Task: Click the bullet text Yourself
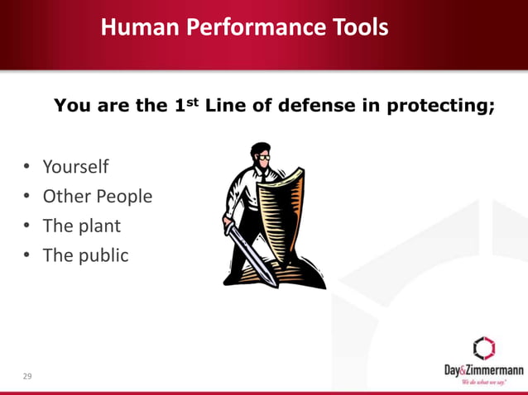[x=75, y=167]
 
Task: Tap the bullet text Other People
[x=97, y=197]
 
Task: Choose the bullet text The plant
[x=81, y=226]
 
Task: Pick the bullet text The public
[x=85, y=255]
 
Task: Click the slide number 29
[x=27, y=377]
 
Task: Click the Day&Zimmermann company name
[x=482, y=370]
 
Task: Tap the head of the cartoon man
[x=259, y=155]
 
